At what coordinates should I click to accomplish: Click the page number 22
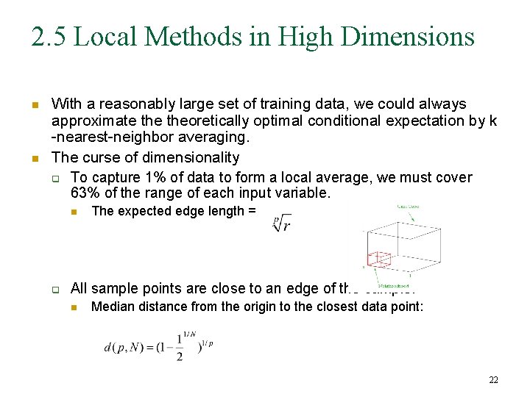[x=493, y=379]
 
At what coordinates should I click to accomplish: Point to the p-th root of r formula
[x=281, y=223]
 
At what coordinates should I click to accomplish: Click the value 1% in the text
[x=150, y=178]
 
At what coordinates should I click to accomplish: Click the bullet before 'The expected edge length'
[x=74, y=212]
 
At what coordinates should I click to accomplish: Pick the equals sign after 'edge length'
[x=252, y=212]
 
